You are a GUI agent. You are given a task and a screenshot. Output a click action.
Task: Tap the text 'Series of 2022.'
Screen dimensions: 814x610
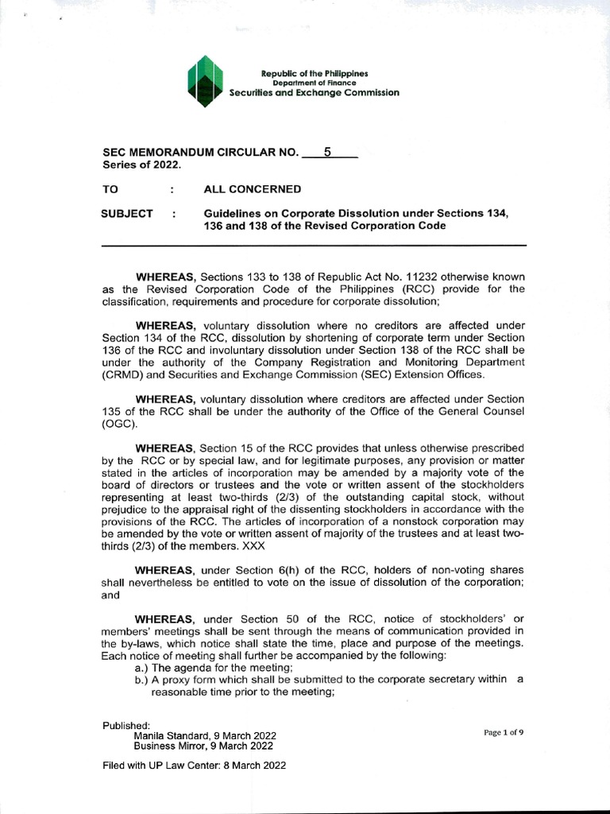coord(142,165)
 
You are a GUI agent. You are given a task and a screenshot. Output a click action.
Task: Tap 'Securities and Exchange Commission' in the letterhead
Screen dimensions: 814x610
coord(315,93)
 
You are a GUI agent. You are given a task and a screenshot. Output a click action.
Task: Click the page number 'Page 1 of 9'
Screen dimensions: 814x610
coord(504,733)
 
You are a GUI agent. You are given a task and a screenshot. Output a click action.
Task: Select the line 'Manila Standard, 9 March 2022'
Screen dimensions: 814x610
coord(205,736)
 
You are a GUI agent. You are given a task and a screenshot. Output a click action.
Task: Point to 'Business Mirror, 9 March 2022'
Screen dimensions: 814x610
coord(203,746)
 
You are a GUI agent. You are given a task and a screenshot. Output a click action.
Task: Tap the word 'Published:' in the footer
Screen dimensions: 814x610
coord(126,726)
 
